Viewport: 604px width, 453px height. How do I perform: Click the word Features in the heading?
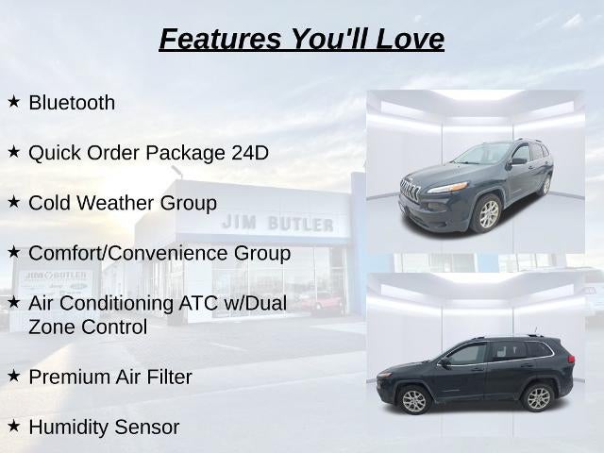pyautogui.click(x=220, y=39)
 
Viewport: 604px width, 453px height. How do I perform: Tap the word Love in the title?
pyautogui.click(x=410, y=39)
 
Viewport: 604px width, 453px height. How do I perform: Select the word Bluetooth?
pyautogui.click(x=72, y=103)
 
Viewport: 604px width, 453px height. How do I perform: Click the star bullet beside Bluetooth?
pyautogui.click(x=13, y=102)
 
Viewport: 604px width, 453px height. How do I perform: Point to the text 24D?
pyautogui.click(x=250, y=153)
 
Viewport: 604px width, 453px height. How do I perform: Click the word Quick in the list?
pyautogui.click(x=55, y=153)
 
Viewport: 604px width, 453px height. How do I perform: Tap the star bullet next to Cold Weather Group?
pyautogui.click(x=13, y=202)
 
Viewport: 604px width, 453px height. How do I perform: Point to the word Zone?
pyautogui.click(x=52, y=327)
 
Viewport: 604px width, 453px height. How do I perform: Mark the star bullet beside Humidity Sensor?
pyautogui.click(x=13, y=426)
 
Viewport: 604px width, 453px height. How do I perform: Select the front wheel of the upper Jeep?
pyautogui.click(x=488, y=214)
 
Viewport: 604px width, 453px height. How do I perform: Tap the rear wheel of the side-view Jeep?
pyautogui.click(x=538, y=397)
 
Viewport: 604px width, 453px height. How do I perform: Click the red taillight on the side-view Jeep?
pyautogui.click(x=570, y=360)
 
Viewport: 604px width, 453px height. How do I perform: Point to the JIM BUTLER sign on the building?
pyautogui.click(x=277, y=224)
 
